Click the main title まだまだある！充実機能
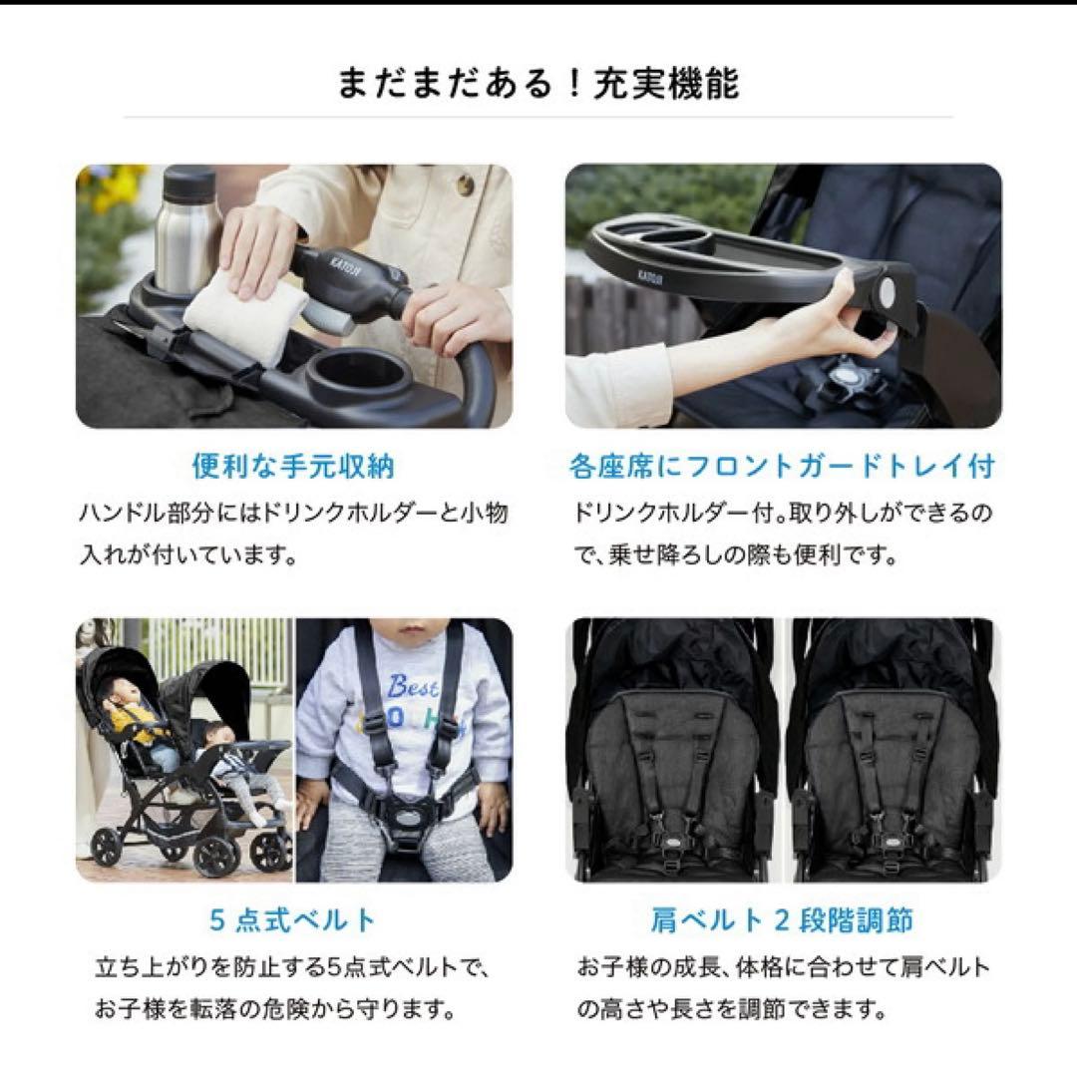pyautogui.click(x=538, y=84)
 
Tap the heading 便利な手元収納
pyautogui.click(x=293, y=466)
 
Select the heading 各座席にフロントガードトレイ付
pyautogui.click(x=782, y=466)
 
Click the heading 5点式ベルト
pyautogui.click(x=293, y=918)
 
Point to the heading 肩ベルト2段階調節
pyautogui.click(x=782, y=918)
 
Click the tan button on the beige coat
pyautogui.click(x=465, y=185)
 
